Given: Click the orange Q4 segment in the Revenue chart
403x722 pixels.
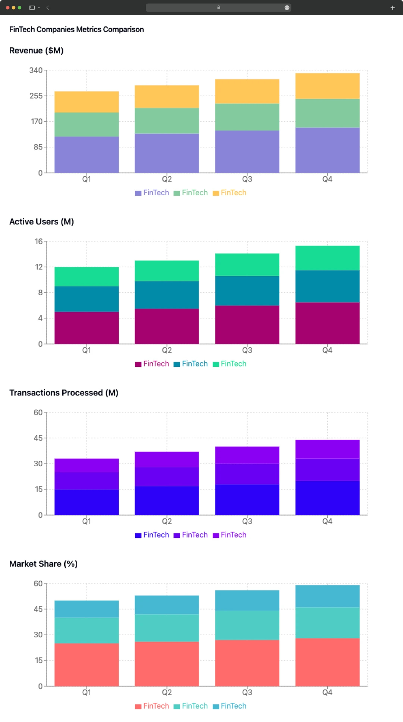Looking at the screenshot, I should click(327, 86).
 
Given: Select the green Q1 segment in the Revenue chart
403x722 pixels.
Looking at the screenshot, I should click(87, 124).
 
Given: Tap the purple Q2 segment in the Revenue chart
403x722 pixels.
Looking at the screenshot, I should click(167, 153).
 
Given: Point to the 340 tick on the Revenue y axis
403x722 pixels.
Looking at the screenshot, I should click(36, 70).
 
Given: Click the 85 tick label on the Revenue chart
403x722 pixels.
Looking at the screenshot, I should click(38, 147).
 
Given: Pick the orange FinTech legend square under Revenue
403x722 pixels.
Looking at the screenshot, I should click(216, 193).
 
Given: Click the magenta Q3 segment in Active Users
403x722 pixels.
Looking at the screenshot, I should click(247, 325).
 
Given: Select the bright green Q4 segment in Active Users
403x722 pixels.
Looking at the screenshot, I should click(327, 258).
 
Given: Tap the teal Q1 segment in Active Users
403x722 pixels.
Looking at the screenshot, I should click(87, 299).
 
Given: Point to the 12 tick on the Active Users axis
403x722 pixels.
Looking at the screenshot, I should click(39, 267).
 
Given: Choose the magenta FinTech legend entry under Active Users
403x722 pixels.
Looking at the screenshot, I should click(152, 364).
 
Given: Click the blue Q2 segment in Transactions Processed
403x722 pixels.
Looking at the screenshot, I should click(167, 500).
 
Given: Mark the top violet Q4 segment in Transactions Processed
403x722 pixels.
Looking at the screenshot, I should click(327, 449).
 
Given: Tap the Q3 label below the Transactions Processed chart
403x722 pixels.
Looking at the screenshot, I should click(247, 521).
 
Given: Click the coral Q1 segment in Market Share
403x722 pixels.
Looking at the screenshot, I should click(87, 665).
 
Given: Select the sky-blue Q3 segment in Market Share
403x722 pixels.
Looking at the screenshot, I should click(247, 600).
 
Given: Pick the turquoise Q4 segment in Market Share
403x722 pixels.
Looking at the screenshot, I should click(327, 623).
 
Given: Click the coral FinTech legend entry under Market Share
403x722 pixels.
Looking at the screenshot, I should click(152, 706).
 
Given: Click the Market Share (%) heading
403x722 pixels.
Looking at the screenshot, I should click(43, 564).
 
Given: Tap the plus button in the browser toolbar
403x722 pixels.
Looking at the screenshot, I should click(393, 7).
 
